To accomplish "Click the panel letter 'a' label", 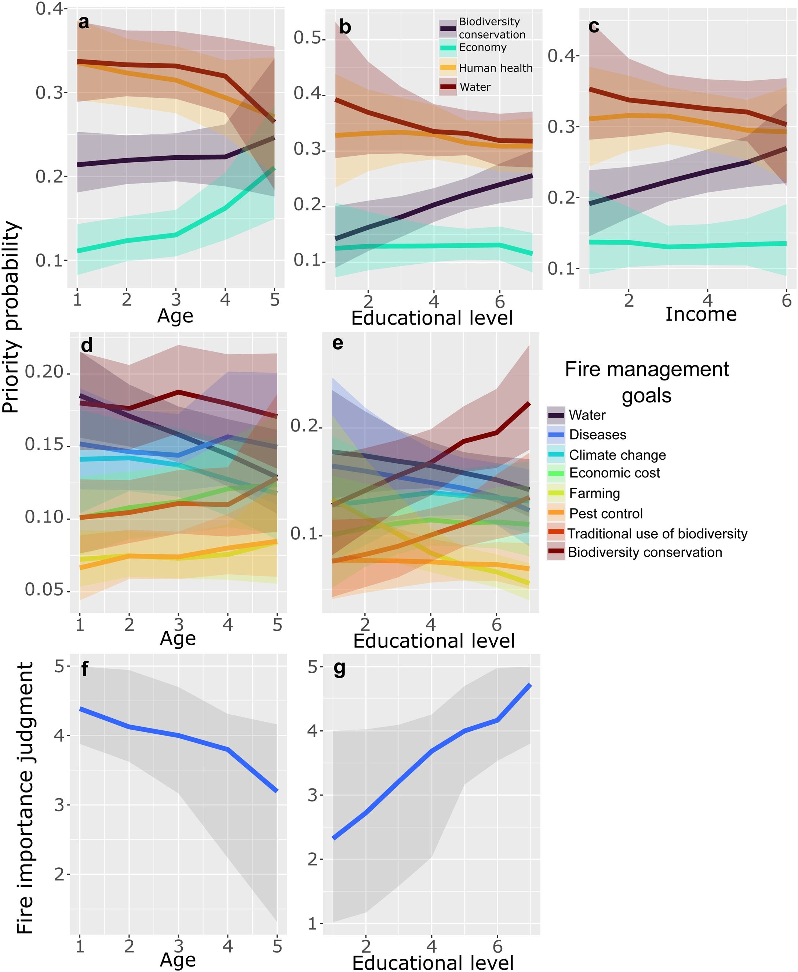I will pyautogui.click(x=83, y=22).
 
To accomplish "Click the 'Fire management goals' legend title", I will pyautogui.click(x=646, y=382).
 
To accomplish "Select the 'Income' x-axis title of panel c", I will pyautogui.click(x=701, y=314).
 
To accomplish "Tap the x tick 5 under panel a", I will pyautogui.click(x=274, y=300).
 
